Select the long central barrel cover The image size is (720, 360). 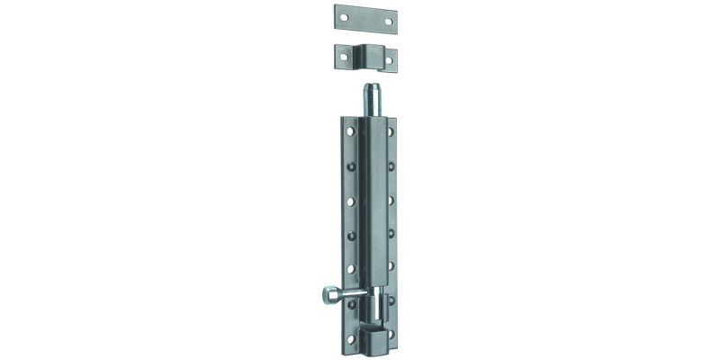click(x=371, y=207)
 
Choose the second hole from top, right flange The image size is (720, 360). click(x=392, y=165)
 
